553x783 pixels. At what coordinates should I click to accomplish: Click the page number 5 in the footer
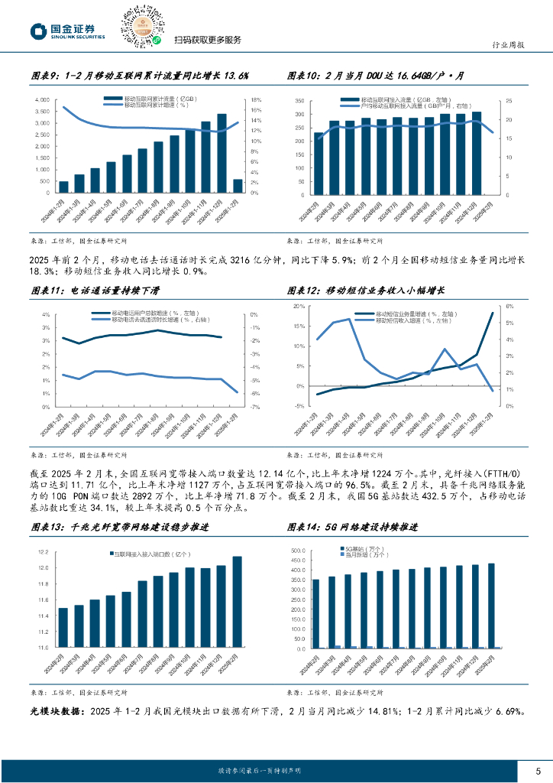pos(538,770)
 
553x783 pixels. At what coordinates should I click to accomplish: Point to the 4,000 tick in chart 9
pos(43,99)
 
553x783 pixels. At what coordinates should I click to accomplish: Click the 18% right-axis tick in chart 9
pos(257,99)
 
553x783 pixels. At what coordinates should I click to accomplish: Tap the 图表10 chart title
pos(386,76)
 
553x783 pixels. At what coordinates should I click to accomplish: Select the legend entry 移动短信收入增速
pos(405,320)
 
